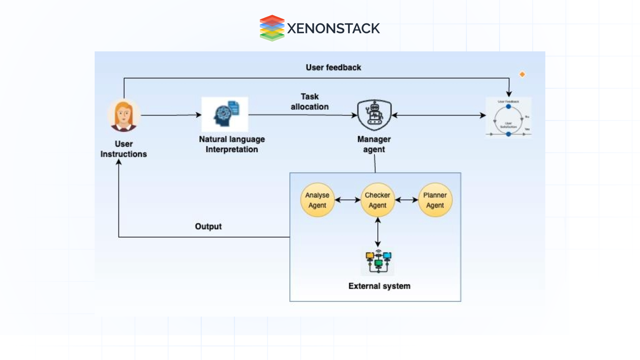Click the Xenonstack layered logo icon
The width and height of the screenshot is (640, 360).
272,28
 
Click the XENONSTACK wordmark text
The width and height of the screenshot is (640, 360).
333,29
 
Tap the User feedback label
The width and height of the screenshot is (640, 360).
333,68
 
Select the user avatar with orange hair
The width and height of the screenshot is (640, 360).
124,116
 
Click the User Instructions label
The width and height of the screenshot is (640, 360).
124,149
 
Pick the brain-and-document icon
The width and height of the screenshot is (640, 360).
225,114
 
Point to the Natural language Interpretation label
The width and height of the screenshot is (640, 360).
232,144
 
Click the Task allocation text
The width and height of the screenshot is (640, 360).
310,102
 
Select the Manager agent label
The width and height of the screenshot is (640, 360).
374,144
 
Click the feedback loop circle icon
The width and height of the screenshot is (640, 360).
508,118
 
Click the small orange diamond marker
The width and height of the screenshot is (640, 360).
522,74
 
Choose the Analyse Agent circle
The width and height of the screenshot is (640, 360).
317,200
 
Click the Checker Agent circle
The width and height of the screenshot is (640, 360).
377,200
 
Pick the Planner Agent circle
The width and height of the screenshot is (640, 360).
435,200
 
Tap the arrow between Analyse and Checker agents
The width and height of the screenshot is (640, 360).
347,200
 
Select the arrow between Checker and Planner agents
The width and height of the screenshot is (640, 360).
406,200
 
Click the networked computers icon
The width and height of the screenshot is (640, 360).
378,261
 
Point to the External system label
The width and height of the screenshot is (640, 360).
379,286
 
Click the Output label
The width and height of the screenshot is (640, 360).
208,227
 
